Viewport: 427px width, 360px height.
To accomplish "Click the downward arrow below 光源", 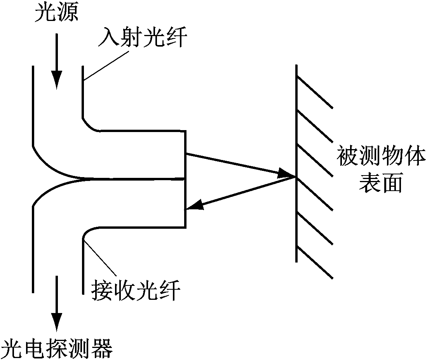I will [57, 62].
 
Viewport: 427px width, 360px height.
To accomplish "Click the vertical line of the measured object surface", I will [296, 163].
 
